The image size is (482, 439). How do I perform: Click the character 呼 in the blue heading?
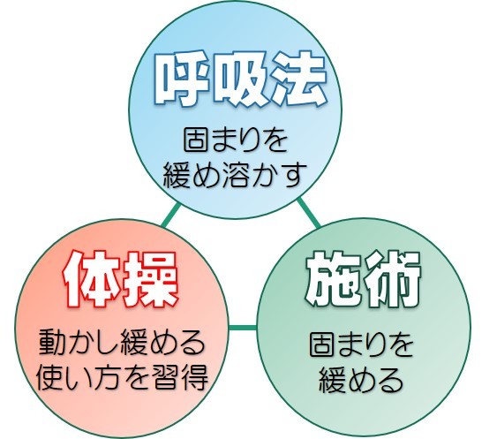(x=181, y=81)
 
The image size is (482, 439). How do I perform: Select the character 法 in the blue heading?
(x=297, y=80)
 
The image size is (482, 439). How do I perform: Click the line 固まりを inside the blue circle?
(x=236, y=140)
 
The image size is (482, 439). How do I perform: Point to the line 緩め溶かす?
(x=235, y=175)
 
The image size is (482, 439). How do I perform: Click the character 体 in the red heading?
(x=90, y=279)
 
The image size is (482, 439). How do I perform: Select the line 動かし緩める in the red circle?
(x=122, y=342)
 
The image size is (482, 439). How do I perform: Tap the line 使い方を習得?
(x=122, y=377)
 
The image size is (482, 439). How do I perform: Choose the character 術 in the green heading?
(x=393, y=279)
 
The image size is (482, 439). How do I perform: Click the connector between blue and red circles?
(x=171, y=215)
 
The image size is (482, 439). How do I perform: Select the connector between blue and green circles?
(x=309, y=213)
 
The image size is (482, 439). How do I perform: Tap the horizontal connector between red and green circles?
(x=243, y=328)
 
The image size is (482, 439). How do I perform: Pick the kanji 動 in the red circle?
(x=53, y=342)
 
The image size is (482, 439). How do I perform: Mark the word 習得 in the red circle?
(x=180, y=377)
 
